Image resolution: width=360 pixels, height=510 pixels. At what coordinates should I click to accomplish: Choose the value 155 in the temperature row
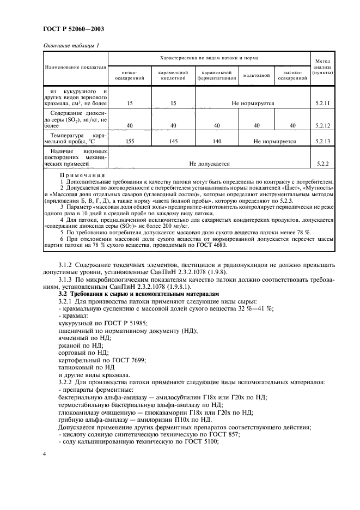(x=130, y=141)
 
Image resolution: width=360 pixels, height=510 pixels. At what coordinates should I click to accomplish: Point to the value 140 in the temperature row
(x=217, y=141)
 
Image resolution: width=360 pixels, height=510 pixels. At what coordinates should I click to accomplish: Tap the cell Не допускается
(x=209, y=163)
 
